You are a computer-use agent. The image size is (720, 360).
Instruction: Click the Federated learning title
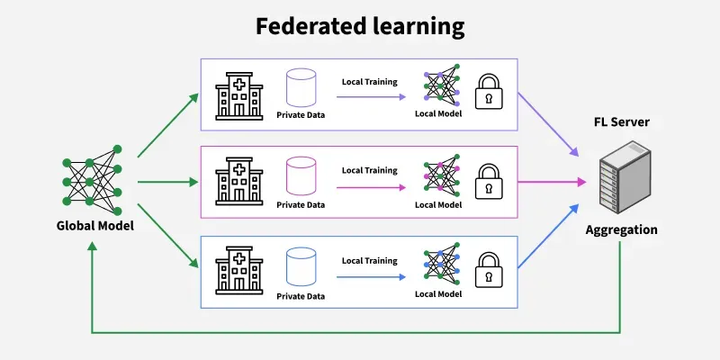tap(360, 26)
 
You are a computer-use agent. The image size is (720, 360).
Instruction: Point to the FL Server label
tap(621, 121)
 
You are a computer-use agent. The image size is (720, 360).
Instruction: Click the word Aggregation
tap(621, 229)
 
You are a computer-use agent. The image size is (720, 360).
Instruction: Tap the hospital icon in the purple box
tap(238, 91)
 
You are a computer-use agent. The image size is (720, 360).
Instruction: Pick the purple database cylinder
tap(300, 88)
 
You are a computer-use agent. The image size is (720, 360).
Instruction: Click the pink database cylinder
tap(300, 176)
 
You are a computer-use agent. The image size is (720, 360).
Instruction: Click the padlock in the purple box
tap(489, 90)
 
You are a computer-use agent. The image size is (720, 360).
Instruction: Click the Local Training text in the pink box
tap(369, 170)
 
